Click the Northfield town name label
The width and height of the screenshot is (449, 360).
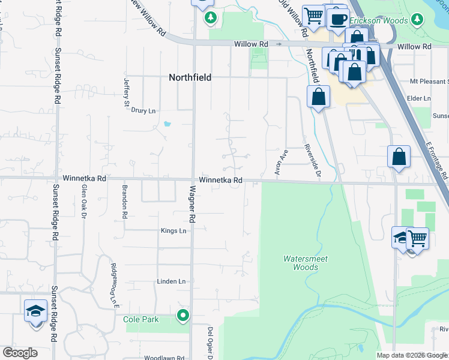point(190,77)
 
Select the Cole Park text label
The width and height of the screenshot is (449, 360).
point(141,319)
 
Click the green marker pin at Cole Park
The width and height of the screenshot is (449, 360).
point(183,314)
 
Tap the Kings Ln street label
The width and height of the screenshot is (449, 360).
point(173,230)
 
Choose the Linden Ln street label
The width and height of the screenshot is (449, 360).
point(171,281)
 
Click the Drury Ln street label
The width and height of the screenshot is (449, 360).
point(143,111)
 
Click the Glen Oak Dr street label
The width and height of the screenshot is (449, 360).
point(83,201)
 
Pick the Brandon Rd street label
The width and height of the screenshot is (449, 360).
point(125,201)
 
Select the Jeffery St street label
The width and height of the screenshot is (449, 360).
point(127,92)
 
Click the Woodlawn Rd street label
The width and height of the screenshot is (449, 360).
point(163,358)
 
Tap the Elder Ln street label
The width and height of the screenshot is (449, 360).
point(419,98)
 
